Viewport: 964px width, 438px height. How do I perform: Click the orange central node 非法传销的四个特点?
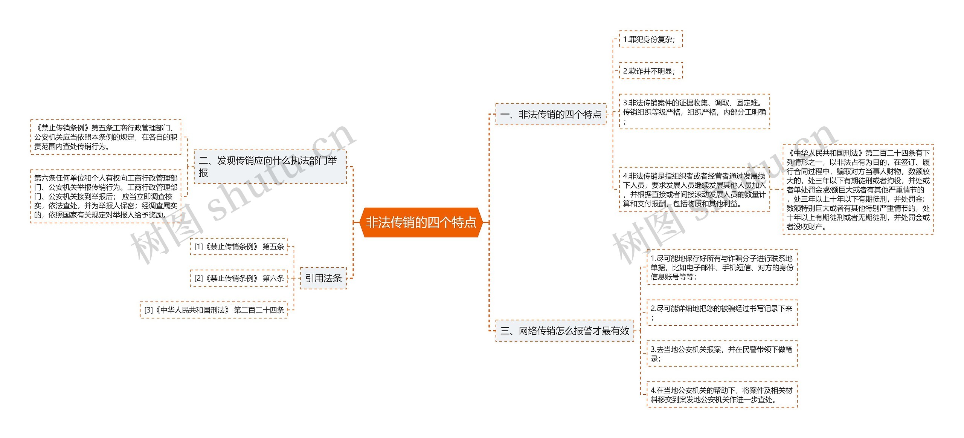[x=421, y=222]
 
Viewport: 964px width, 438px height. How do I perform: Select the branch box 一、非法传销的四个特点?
[x=551, y=114]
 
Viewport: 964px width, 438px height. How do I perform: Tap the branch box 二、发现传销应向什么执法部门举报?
[x=270, y=167]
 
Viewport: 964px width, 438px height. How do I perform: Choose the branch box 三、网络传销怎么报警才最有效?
[x=564, y=331]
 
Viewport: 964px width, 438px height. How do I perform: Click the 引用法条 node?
[x=323, y=278]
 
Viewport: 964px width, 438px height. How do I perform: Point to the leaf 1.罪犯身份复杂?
[x=650, y=39]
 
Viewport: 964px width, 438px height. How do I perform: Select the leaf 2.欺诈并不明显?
[x=650, y=71]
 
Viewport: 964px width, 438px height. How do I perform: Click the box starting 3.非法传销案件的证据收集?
[x=694, y=112]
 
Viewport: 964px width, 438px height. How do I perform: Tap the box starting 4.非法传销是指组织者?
[x=694, y=190]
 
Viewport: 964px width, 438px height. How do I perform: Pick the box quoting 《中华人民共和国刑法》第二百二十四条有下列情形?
[x=857, y=190]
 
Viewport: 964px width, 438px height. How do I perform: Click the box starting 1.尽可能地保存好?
[x=721, y=267]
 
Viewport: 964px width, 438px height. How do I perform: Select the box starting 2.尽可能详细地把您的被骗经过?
[x=721, y=313]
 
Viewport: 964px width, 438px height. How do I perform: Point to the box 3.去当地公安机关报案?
[x=721, y=354]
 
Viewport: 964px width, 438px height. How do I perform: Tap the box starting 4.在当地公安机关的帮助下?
[x=721, y=395]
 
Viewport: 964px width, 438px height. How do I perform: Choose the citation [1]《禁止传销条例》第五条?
[x=239, y=247]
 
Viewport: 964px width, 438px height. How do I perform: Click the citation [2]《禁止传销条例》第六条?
[x=239, y=278]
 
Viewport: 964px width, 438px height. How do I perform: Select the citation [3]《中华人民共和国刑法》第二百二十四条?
[x=214, y=310]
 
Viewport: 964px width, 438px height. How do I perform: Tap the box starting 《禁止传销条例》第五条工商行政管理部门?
[x=105, y=137]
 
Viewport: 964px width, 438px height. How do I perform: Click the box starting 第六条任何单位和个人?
[x=105, y=196]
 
